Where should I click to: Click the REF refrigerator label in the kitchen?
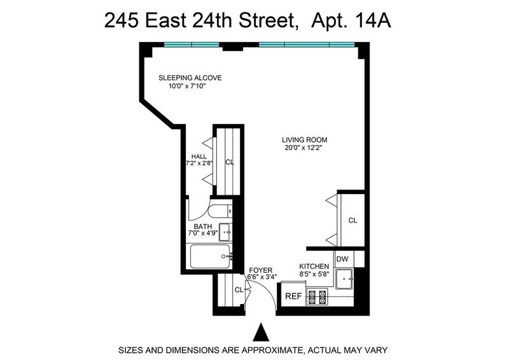coord(293,296)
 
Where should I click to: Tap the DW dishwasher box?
coord(342,259)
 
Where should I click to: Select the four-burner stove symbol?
coord(317,296)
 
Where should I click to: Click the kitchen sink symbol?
coord(344,279)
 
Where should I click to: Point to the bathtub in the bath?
coord(210,256)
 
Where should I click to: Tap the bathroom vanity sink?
coord(225,232)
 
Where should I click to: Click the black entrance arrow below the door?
coord(261,332)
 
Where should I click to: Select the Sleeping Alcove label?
coord(190,78)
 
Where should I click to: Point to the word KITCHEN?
coord(314,267)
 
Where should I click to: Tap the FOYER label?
coord(261,270)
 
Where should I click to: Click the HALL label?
coord(199,156)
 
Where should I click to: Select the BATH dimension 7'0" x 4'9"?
coord(203,233)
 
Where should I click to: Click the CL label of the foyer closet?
coord(239,290)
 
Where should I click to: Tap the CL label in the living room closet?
coord(352,221)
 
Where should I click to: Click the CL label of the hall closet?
coord(230,162)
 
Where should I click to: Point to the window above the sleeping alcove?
coord(192,45)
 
